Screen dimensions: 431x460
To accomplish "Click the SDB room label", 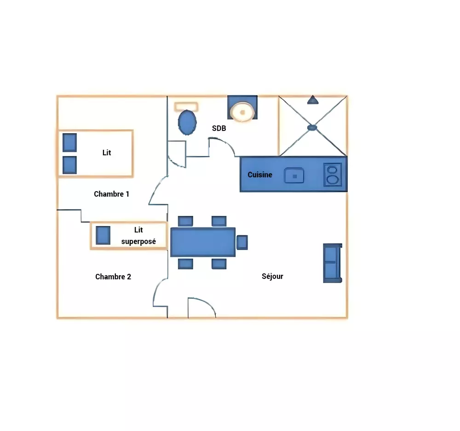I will click(x=219, y=129).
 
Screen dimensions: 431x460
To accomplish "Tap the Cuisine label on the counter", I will click(x=260, y=175).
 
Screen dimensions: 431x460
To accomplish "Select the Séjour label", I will click(x=272, y=276).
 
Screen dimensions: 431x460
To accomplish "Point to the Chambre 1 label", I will click(x=111, y=194).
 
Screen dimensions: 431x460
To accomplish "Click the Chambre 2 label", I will click(x=113, y=277).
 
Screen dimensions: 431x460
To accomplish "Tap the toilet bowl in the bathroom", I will click(x=187, y=122).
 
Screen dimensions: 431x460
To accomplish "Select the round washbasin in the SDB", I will click(x=242, y=112).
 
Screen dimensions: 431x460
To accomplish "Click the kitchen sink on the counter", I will click(x=294, y=175).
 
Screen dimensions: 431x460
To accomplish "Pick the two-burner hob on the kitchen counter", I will click(x=332, y=175).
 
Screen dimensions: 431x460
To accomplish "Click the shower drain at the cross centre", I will click(x=312, y=127).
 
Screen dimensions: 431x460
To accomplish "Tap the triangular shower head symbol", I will click(x=312, y=99).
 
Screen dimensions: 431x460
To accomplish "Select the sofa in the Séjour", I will click(x=332, y=263).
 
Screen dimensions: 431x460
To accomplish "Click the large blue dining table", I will click(x=203, y=242).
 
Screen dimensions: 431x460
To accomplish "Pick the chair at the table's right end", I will click(x=242, y=242).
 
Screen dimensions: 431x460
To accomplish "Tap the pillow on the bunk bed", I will click(x=103, y=235).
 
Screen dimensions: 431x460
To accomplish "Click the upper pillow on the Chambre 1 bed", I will click(x=69, y=142).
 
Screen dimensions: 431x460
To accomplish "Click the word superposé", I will click(x=138, y=241).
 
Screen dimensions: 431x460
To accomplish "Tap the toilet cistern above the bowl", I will click(x=186, y=107).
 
